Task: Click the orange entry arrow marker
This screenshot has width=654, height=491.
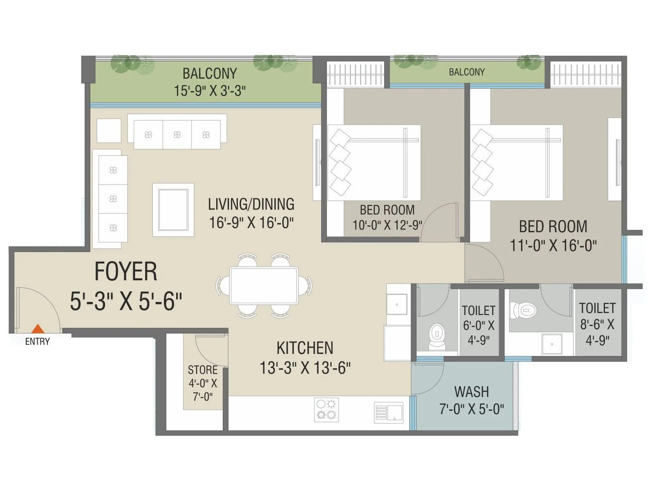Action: point(38,329)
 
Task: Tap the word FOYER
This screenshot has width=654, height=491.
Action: point(125,272)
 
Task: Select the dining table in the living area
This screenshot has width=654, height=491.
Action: point(264,285)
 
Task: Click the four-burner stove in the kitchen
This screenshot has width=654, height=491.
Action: point(327,410)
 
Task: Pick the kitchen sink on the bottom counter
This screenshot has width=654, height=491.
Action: point(389,412)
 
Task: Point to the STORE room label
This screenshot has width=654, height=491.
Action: point(202,370)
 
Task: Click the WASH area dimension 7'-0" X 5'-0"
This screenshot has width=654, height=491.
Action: point(471,409)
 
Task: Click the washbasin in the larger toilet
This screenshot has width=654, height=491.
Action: point(552,344)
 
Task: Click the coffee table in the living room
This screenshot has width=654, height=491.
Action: point(173,209)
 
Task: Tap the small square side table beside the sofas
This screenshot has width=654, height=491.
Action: point(109,131)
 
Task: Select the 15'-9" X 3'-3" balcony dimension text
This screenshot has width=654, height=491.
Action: point(210,90)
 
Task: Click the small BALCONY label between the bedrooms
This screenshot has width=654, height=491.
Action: point(466,72)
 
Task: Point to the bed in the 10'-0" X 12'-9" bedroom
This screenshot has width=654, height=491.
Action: point(374,162)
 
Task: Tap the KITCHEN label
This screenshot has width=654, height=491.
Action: point(305,348)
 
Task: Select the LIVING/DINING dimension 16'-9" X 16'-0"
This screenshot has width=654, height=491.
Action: point(251,223)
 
